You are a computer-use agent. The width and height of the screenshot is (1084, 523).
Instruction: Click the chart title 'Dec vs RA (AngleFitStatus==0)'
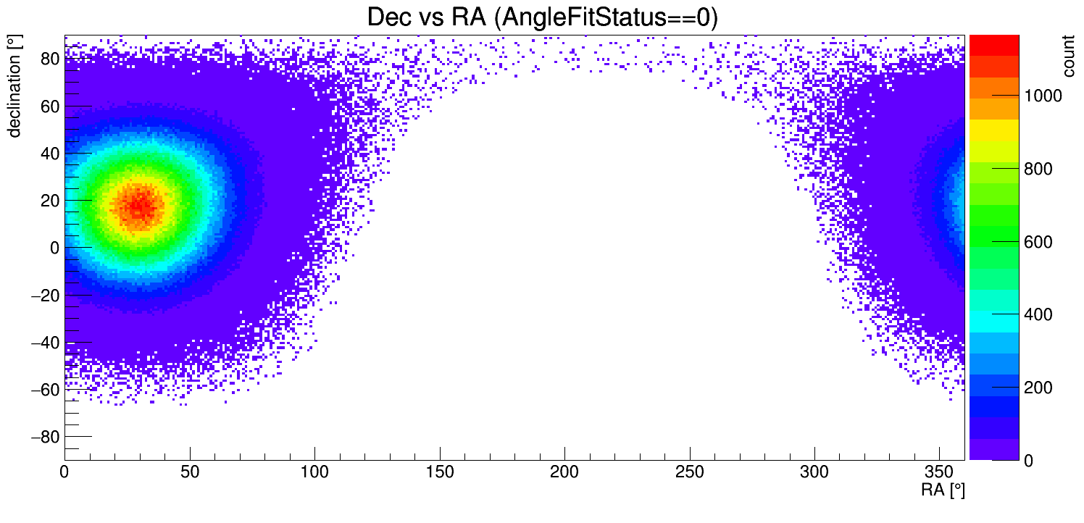click(542, 17)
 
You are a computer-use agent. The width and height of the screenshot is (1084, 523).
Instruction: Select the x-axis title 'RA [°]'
click(943, 490)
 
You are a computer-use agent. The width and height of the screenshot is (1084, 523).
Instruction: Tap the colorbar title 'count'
click(1069, 57)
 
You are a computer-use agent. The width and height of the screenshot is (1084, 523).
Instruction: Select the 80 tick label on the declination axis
click(49, 59)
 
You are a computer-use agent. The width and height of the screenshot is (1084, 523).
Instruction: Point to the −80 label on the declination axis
click(43, 437)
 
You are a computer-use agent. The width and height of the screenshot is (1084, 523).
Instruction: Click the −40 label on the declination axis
click(43, 343)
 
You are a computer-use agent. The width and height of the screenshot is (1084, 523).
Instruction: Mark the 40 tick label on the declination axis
click(49, 154)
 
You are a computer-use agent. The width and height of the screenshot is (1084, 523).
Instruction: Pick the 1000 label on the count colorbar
click(1042, 96)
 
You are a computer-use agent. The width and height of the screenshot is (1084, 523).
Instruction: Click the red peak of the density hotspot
click(138, 206)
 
